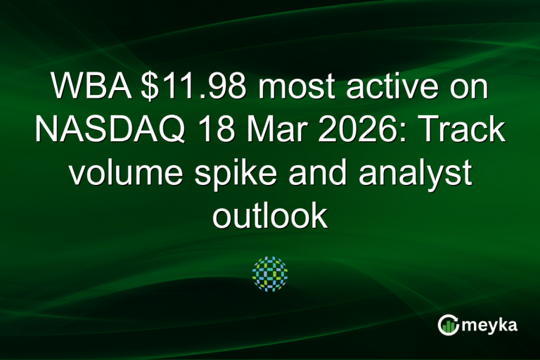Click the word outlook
[270, 217]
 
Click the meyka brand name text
[492, 325]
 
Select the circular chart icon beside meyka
[449, 325]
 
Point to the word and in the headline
[323, 174]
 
